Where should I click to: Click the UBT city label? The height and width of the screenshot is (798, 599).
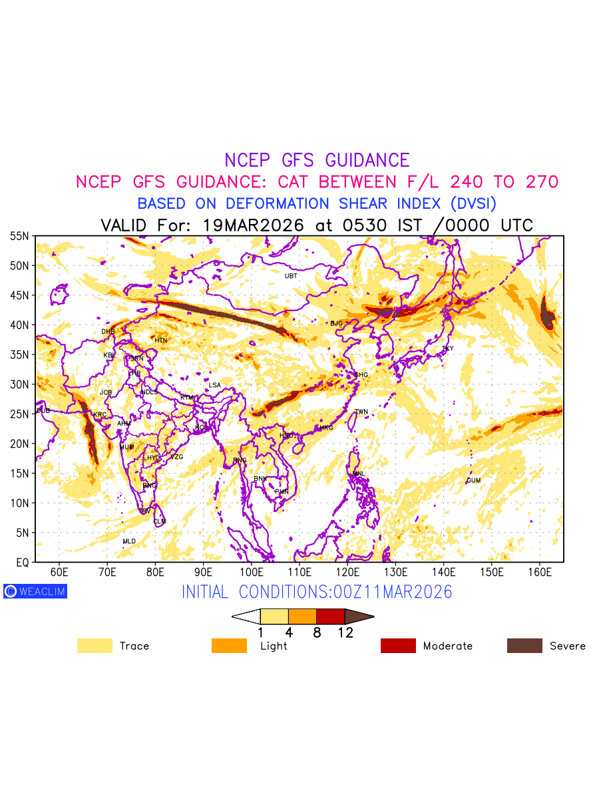click(x=291, y=276)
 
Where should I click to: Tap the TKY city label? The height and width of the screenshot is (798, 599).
click(x=447, y=348)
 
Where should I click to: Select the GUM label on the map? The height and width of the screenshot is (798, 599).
click(x=473, y=480)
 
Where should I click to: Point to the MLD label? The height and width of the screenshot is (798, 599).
click(x=129, y=541)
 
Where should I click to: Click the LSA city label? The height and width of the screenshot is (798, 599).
click(x=214, y=385)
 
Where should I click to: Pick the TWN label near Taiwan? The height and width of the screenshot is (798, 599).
click(x=361, y=412)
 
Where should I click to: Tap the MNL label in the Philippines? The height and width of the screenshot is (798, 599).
click(x=359, y=473)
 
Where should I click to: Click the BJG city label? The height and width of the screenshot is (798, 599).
click(x=336, y=323)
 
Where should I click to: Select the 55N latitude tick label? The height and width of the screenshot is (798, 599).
click(x=19, y=236)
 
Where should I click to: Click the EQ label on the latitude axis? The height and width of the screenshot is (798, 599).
click(x=22, y=563)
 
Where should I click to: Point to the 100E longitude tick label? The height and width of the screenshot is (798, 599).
click(x=251, y=573)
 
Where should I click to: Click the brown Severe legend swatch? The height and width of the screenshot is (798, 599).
click(x=524, y=646)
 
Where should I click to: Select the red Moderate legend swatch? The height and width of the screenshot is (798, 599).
click(x=398, y=646)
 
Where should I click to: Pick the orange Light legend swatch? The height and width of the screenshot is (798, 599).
click(x=229, y=646)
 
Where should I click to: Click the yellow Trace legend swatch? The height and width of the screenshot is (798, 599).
click(x=95, y=646)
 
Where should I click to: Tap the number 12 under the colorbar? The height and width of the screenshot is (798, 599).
click(x=345, y=633)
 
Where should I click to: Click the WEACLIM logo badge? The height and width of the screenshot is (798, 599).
click(x=35, y=591)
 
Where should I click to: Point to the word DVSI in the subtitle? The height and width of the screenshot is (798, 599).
click(x=473, y=203)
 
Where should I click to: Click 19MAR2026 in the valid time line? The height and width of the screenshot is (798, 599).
click(x=253, y=225)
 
